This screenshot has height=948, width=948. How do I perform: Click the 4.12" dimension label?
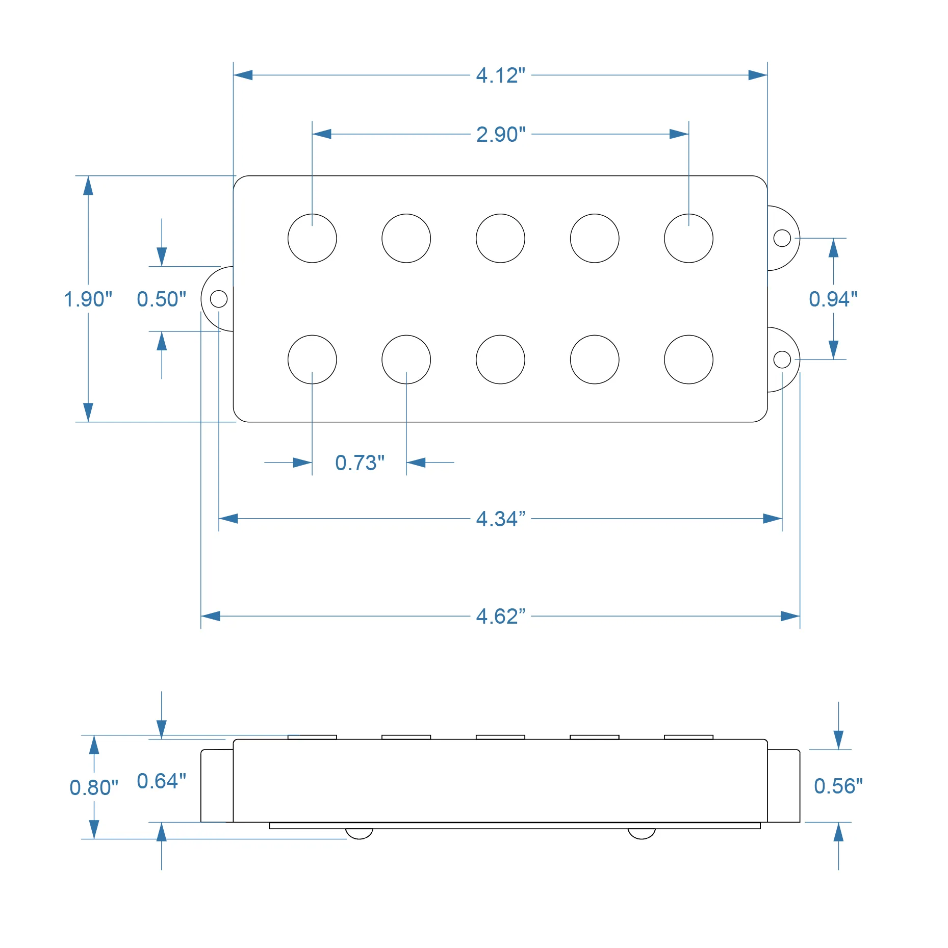(x=500, y=75)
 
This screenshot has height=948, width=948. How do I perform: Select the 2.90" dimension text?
(x=500, y=135)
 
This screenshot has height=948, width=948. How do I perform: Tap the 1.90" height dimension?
(x=88, y=299)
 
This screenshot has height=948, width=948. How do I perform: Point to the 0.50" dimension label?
(x=161, y=299)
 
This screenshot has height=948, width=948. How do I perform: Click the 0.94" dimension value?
(x=833, y=299)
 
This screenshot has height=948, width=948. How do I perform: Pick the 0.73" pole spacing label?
(x=360, y=463)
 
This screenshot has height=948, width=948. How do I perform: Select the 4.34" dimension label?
(x=500, y=519)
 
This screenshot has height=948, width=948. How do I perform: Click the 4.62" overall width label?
(x=500, y=617)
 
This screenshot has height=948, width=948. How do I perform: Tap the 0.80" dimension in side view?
(x=94, y=788)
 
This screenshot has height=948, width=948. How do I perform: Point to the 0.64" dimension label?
(x=161, y=781)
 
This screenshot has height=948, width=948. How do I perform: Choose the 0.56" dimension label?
(x=838, y=786)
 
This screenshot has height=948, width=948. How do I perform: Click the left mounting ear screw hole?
(x=219, y=299)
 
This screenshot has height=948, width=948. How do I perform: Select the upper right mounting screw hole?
(x=782, y=238)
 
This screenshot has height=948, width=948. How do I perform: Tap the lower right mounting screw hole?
(x=782, y=360)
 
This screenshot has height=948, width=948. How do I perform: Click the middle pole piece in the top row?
(x=500, y=238)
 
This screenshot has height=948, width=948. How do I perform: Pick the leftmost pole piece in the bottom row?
(x=312, y=360)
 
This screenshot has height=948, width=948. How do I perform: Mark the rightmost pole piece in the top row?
(x=688, y=238)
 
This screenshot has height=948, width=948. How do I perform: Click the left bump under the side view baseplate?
(x=359, y=833)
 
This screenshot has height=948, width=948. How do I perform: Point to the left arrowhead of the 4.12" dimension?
(x=243, y=75)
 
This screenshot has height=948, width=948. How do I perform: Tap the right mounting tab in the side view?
(x=783, y=786)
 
